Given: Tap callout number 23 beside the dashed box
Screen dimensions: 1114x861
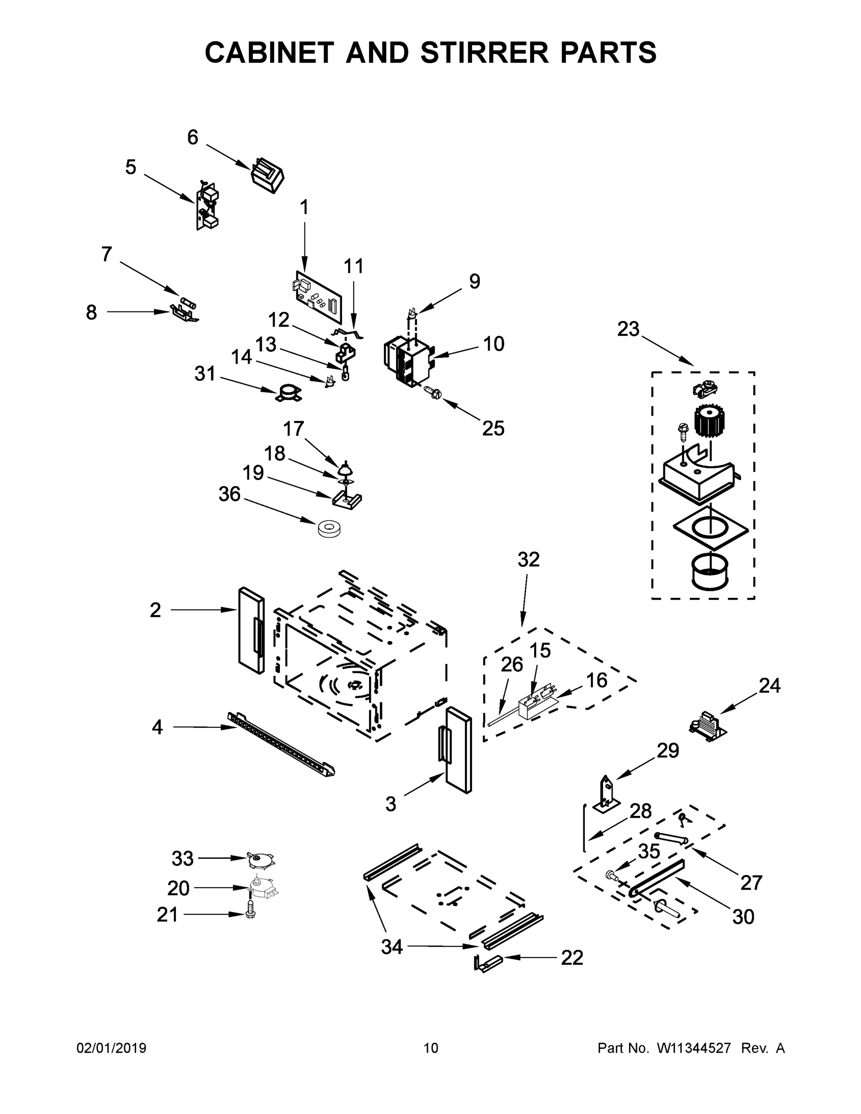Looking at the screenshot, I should click(628, 330).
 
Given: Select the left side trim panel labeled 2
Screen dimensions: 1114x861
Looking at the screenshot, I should click(251, 630).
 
